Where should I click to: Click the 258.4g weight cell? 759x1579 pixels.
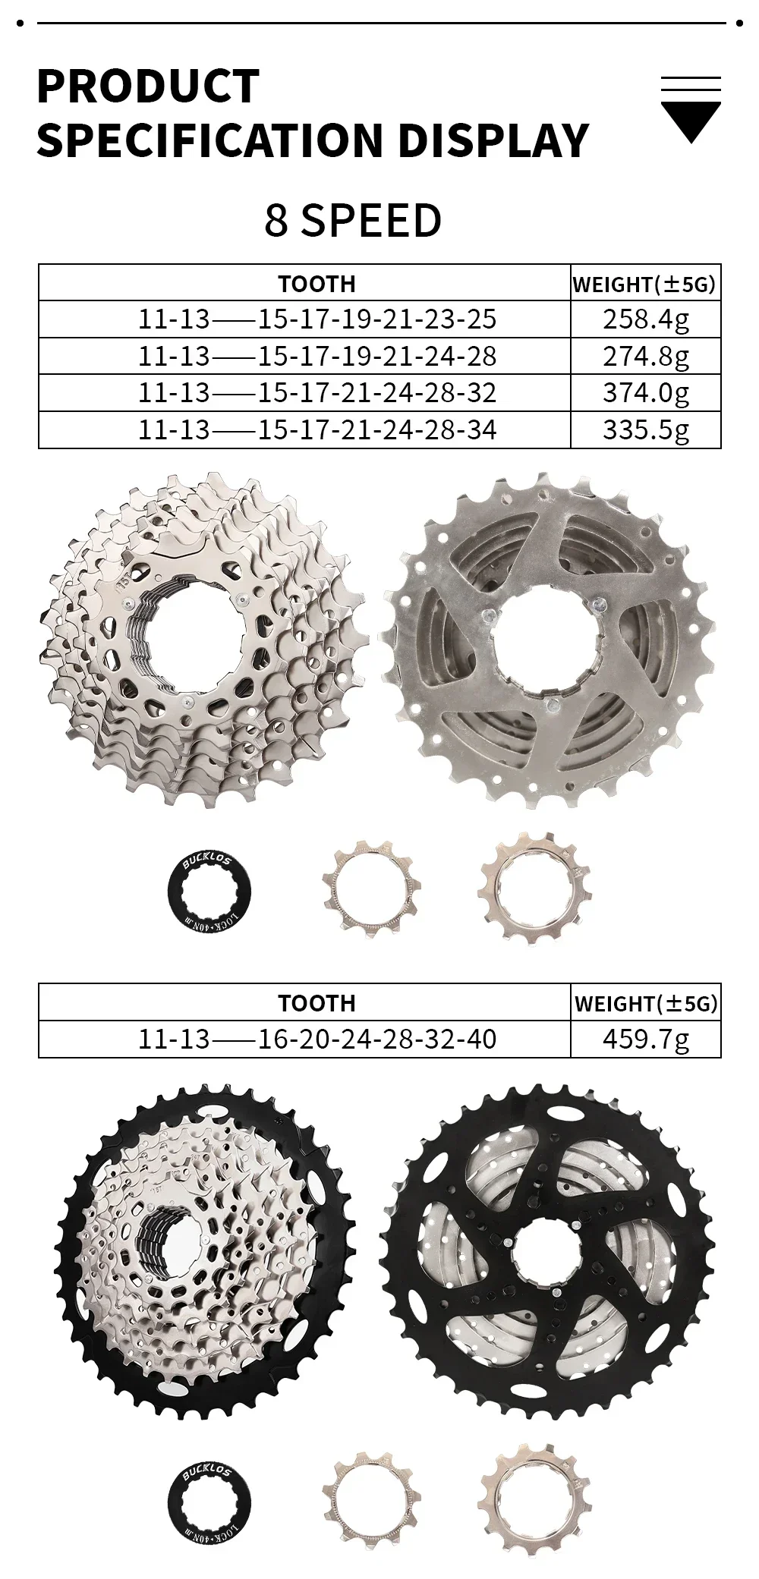(646, 319)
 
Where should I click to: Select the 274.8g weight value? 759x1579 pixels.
(646, 357)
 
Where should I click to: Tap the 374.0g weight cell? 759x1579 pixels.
(646, 393)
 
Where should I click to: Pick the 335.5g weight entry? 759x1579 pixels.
(646, 430)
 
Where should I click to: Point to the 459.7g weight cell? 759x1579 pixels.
(646, 1039)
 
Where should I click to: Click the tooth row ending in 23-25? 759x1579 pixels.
(317, 319)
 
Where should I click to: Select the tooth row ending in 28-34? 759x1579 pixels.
(317, 430)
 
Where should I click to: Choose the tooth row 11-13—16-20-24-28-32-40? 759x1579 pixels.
(317, 1039)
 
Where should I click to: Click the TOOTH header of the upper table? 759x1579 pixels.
(317, 284)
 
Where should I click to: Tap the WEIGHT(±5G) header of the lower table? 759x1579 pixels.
(646, 1003)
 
